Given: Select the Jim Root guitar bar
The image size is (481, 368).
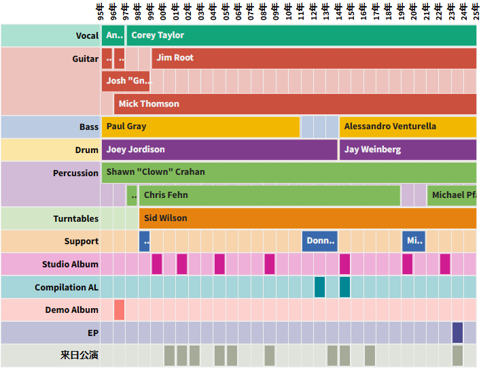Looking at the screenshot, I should click(313, 58).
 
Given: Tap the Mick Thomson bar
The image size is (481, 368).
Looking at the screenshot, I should click(295, 104).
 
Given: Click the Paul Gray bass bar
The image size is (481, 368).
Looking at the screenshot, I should click(200, 127).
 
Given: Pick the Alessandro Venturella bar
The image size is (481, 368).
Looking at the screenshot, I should click(408, 127).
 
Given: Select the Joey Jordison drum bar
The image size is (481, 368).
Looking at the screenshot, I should click(219, 150).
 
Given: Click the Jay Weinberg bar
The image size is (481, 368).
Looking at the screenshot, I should click(408, 150).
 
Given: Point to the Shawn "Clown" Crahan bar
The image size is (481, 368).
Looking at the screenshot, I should click(289, 172).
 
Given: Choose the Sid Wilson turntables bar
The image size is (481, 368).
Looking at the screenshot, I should click(307, 218).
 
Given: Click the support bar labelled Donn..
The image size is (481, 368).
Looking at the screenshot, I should click(320, 241).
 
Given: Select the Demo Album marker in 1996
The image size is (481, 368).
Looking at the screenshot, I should click(120, 310).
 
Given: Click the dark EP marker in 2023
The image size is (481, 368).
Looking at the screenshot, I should click(458, 333).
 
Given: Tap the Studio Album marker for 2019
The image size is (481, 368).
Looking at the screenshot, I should click(408, 264).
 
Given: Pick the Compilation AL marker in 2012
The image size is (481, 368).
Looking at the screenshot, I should click(320, 287).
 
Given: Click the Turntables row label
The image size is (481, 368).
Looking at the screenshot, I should click(75, 218).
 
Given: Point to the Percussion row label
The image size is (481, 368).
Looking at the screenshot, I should click(75, 173).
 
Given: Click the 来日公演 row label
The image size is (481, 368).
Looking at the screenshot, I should click(79, 355).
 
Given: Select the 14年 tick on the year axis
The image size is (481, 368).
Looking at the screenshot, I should click(340, 12).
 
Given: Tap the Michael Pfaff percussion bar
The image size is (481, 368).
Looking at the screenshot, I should click(452, 195).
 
